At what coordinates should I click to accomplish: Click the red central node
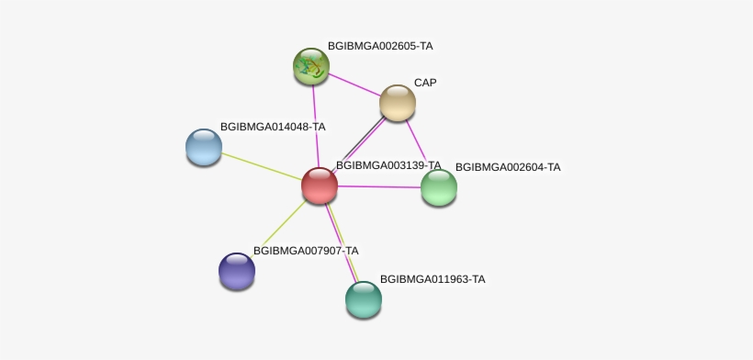click(x=320, y=186)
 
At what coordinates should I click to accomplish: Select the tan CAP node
click(x=397, y=103)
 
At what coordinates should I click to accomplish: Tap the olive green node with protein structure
click(x=311, y=66)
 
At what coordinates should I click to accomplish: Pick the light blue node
click(x=204, y=147)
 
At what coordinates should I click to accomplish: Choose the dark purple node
click(x=237, y=271)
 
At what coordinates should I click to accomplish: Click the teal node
click(x=364, y=299)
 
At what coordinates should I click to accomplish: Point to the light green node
click(x=438, y=187)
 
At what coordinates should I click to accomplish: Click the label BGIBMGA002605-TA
click(x=380, y=46)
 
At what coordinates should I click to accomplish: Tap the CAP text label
click(x=425, y=83)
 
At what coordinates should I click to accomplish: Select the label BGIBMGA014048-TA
click(x=273, y=127)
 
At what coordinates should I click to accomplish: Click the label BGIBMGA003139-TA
click(x=388, y=165)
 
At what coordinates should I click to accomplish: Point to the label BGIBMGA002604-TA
click(x=508, y=167)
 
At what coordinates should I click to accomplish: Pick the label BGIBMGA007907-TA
click(x=306, y=251)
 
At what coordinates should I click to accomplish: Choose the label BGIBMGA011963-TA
click(x=433, y=279)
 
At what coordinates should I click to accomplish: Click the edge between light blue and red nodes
click(x=262, y=166)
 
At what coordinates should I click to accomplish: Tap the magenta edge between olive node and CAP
click(x=354, y=84)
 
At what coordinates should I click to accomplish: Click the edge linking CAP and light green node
click(x=416, y=141)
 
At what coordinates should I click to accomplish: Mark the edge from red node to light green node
click(x=379, y=186)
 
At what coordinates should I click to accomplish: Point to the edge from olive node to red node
click(x=316, y=126)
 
